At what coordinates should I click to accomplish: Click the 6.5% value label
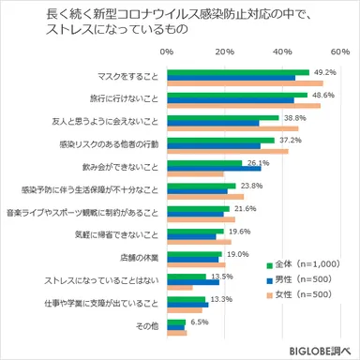[200, 321]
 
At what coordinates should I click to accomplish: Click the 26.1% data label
[258, 162]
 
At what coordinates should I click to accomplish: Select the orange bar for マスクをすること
[245, 82]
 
